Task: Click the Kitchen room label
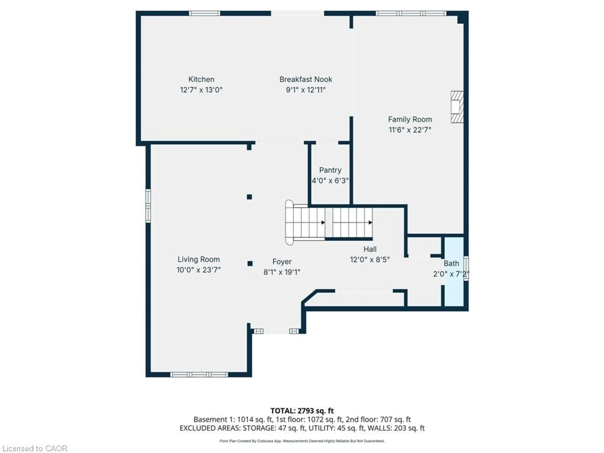point(201,79)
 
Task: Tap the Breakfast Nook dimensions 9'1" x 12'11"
point(306,90)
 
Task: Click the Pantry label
point(330,170)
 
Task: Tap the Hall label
point(370,249)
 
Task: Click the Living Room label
point(199,259)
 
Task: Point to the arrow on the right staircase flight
point(370,223)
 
